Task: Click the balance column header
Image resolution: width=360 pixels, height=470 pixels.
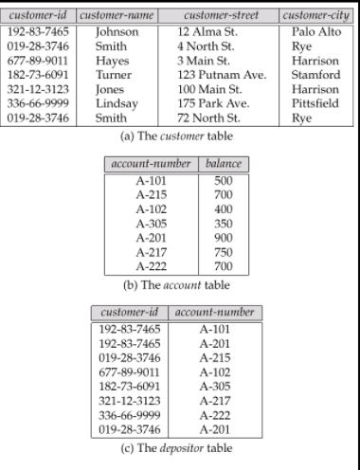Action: coord(225,164)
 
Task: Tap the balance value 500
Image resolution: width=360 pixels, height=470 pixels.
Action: coord(225,180)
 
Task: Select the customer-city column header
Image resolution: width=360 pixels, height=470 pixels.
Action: coord(315,16)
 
